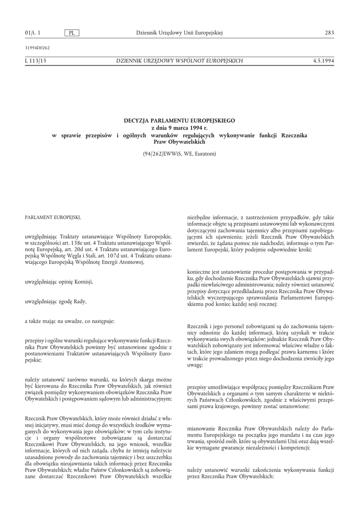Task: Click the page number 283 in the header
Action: [329, 33]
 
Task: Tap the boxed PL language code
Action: [72, 33]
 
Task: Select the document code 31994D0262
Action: [37, 48]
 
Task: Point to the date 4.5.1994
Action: [324, 61]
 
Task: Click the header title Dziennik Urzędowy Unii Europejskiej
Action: [179, 33]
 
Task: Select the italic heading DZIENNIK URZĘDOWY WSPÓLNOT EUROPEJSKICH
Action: [179, 61]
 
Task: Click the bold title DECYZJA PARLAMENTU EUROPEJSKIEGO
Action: [179, 121]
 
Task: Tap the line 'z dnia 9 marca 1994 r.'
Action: [179, 128]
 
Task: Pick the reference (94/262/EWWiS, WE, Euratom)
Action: [179, 154]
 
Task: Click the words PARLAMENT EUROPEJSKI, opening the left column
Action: [52, 217]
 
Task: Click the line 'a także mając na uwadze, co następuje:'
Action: [70, 321]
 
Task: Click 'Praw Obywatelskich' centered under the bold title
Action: [179, 142]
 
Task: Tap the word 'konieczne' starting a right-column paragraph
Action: [198, 272]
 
